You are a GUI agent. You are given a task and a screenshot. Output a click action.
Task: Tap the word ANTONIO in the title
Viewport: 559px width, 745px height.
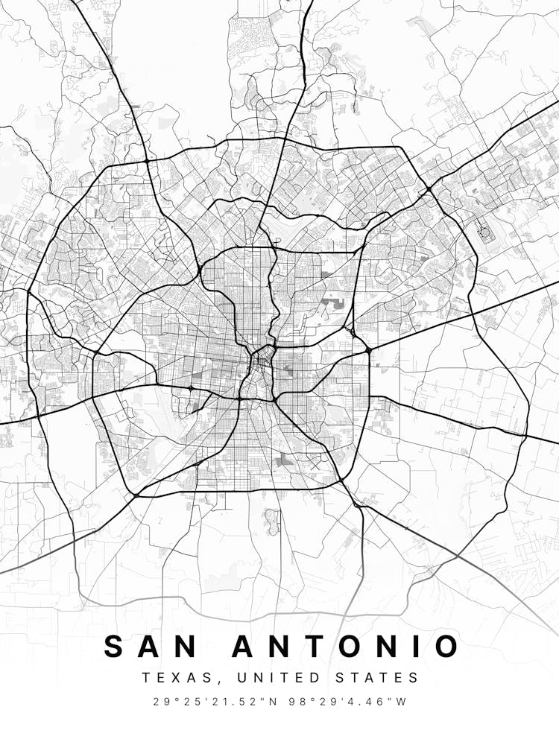[x=346, y=646]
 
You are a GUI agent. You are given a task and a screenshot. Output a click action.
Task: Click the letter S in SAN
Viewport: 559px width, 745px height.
[x=114, y=646]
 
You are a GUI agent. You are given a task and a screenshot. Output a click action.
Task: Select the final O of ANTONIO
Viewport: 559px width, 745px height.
[x=446, y=646]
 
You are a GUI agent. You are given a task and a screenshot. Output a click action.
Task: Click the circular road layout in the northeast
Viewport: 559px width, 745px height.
[x=486, y=234]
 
